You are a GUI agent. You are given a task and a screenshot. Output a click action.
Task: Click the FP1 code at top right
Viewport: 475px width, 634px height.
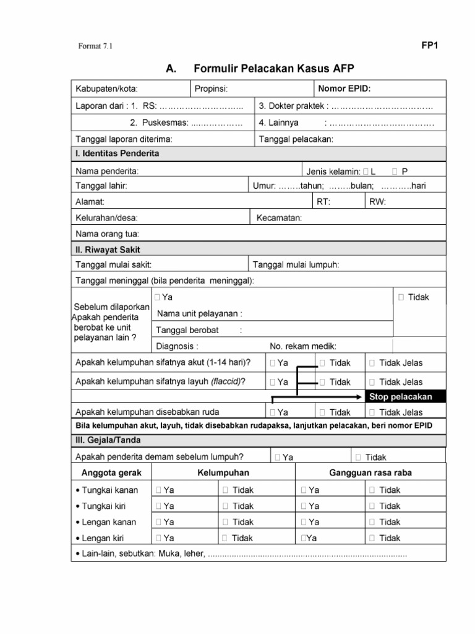point(430,45)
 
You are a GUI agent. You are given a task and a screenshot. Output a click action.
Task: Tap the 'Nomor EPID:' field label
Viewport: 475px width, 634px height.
point(344,89)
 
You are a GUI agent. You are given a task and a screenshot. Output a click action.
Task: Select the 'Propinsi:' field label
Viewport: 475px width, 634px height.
point(212,89)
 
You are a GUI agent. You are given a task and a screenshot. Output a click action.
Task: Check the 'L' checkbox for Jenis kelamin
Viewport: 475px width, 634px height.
point(366,171)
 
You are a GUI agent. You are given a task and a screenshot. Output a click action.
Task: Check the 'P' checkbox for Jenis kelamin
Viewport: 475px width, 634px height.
point(395,171)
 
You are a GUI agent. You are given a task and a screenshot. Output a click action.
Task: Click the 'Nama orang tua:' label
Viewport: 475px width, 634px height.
point(107,234)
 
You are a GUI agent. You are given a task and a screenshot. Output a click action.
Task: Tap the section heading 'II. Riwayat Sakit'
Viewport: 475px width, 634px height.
point(108,250)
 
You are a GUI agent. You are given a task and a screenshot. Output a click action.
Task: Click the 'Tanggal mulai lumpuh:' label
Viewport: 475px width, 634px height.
point(296,265)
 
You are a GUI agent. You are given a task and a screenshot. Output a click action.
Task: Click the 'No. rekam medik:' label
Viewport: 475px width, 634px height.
point(303,346)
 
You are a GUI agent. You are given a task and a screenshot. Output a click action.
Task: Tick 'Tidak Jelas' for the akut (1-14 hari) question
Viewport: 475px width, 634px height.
point(372,363)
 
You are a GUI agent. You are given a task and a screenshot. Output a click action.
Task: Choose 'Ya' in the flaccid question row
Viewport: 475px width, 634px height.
point(273,382)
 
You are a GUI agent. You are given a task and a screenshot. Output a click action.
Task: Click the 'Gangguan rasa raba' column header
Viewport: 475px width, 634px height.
point(370,473)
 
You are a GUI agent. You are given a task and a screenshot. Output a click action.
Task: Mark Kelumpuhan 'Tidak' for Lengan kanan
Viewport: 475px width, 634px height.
point(226,522)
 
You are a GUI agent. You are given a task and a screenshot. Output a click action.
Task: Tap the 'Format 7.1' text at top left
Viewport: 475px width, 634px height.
point(96,46)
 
